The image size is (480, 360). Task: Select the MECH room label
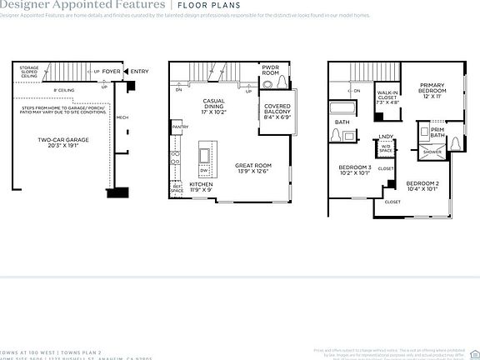pos(122,117)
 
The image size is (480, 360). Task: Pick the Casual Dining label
pos(214,105)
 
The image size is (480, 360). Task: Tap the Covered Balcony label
pos(277,112)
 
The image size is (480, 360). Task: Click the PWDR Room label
pos(270,71)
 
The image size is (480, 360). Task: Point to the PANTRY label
pos(178,127)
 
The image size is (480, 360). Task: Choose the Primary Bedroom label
pos(432,90)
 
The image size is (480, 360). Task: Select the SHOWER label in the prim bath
pos(432,152)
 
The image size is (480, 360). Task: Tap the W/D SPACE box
pos(386,149)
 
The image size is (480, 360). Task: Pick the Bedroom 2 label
pos(422,187)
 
